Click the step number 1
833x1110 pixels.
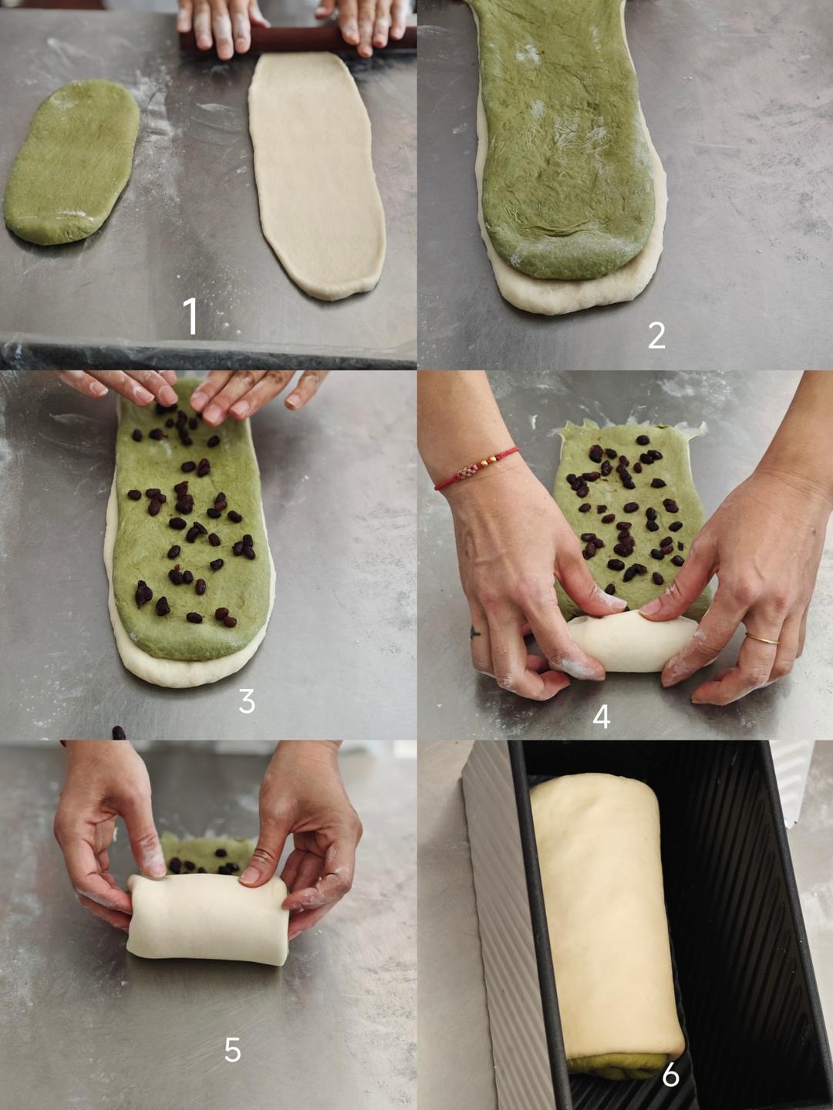pos(191,316)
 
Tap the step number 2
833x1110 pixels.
pos(656,336)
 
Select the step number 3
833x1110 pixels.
pos(246,701)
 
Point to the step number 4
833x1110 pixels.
pos(601,717)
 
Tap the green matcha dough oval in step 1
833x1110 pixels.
pos(72,162)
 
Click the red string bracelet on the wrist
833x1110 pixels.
pos(474,467)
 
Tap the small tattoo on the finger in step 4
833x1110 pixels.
pos(474,632)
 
